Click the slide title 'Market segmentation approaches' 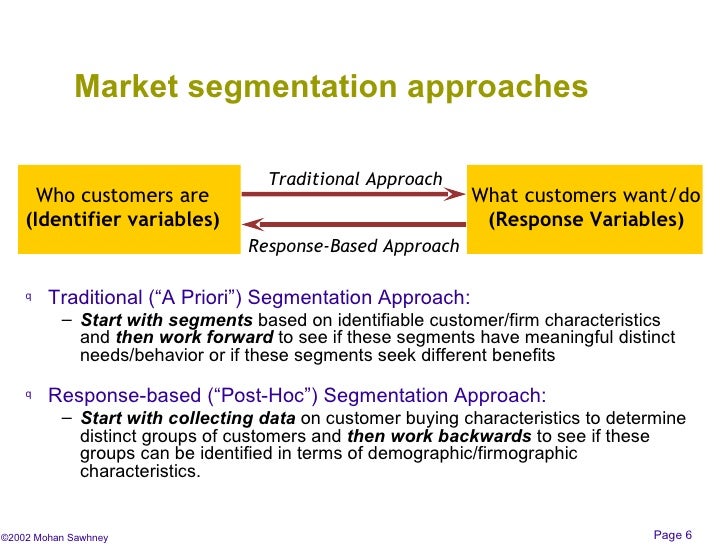[331, 87]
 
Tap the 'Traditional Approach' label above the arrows [355, 179]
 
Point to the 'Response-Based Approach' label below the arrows [354, 246]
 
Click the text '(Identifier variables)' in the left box [123, 219]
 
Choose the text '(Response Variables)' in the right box [586, 219]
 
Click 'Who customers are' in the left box [122, 195]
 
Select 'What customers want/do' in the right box [586, 195]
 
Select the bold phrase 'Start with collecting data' [188, 418]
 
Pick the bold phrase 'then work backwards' [439, 436]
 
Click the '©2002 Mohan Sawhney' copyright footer [54, 537]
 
